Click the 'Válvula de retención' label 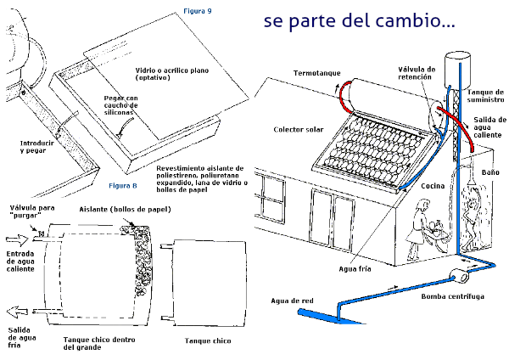pyautogui.click(x=417, y=73)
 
